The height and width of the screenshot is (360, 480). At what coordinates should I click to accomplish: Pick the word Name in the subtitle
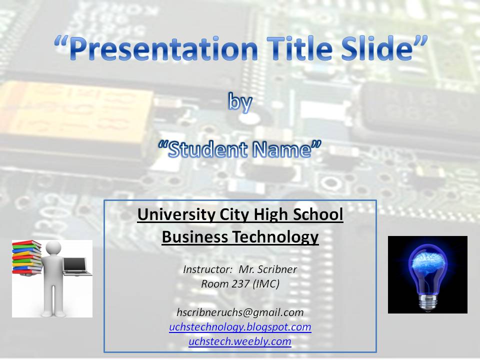(x=283, y=149)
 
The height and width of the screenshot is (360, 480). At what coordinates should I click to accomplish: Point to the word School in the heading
(x=318, y=214)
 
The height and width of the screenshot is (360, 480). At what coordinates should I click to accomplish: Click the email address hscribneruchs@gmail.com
(x=240, y=312)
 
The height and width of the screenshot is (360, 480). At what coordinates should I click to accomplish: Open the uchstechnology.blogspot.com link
(x=240, y=327)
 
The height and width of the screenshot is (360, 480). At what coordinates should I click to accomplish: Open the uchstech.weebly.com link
(x=240, y=341)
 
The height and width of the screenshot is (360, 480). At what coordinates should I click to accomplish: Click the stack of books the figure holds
(x=27, y=257)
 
